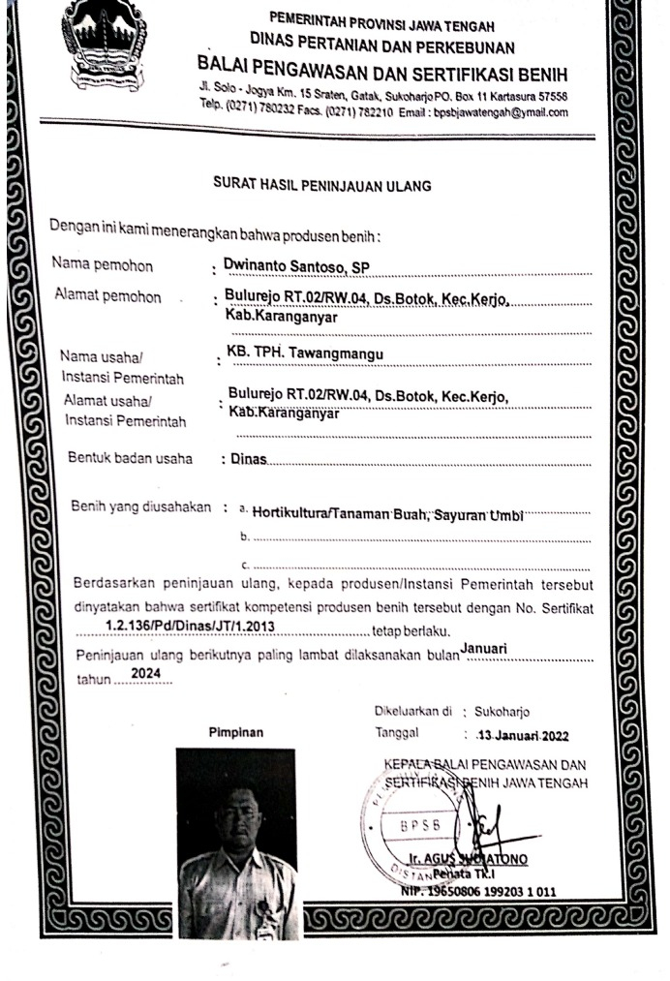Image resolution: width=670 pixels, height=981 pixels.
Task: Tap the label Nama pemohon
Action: (x=104, y=264)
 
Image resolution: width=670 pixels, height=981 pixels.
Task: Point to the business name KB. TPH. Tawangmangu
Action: (x=304, y=354)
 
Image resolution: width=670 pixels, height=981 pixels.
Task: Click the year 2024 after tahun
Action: (x=145, y=671)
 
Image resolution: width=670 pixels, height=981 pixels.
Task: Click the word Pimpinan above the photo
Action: (x=236, y=733)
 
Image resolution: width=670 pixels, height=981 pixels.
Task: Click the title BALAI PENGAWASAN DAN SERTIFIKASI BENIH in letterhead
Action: (x=381, y=76)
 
